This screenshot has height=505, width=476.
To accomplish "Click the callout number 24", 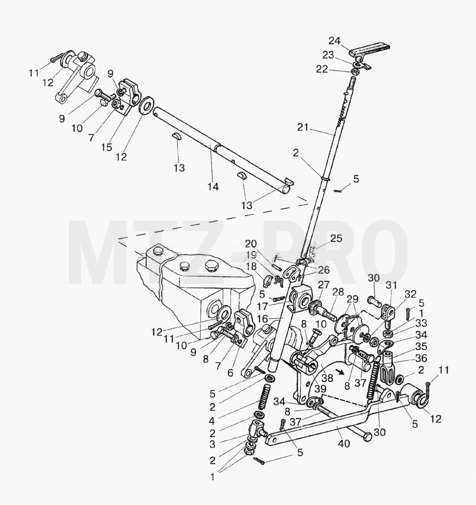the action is click(x=335, y=41).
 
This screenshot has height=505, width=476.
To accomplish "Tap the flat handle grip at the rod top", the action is click(x=370, y=51).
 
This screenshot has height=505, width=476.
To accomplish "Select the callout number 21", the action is click(x=303, y=128).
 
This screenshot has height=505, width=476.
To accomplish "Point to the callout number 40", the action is click(x=344, y=444).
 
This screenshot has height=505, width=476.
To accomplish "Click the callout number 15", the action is click(x=107, y=147).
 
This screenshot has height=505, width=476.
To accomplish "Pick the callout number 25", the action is click(x=336, y=239).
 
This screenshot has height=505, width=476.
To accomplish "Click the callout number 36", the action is click(x=421, y=358).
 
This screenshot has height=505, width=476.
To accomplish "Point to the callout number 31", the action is click(x=391, y=286).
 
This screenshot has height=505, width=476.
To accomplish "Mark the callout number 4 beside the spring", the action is click(x=212, y=421).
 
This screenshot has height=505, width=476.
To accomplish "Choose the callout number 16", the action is click(x=263, y=319).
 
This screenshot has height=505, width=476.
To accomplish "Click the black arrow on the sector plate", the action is click(x=339, y=372).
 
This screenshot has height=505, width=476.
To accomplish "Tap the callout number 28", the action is click(x=338, y=293).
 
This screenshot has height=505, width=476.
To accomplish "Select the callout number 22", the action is click(x=322, y=69).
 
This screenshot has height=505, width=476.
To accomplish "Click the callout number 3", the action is click(x=212, y=444).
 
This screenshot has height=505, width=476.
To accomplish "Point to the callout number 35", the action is click(x=421, y=346).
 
